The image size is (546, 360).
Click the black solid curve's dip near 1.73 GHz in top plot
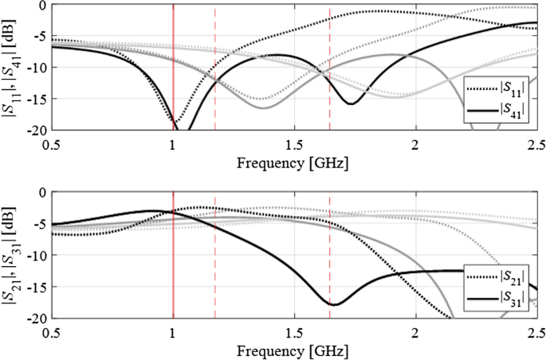pos(351,104)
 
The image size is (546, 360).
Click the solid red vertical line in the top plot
pos(173,48)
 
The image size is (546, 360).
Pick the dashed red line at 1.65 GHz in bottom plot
pos(330,239)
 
